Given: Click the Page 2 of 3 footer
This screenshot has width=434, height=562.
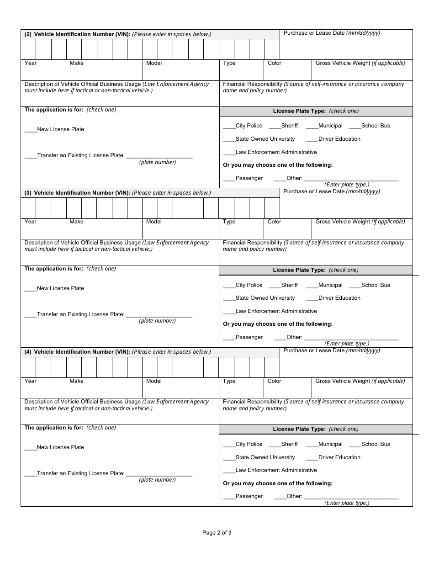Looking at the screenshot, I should click(217, 532).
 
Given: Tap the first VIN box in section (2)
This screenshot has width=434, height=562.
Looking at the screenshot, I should click(28, 49).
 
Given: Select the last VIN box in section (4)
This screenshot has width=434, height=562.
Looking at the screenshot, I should click(272, 367).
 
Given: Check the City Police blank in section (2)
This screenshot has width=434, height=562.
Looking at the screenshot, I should click(229, 126).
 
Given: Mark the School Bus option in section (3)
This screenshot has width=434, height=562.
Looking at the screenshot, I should click(355, 286).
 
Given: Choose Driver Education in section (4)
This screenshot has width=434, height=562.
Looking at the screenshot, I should click(312, 458).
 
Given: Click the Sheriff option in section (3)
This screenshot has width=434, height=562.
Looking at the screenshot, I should click(275, 286).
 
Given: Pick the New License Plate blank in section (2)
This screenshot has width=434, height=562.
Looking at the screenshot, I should click(31, 130).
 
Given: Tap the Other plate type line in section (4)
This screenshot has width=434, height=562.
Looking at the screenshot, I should click(351, 497).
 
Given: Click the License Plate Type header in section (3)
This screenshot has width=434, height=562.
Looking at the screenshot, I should click(316, 270).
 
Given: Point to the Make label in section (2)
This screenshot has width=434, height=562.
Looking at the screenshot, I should click(77, 63).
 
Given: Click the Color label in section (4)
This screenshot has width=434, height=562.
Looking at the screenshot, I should click(274, 381).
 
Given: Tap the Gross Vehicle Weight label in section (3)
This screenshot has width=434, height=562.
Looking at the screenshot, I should click(360, 222).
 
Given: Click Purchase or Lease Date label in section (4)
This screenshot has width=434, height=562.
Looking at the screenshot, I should click(331, 350).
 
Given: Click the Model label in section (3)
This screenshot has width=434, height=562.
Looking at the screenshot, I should click(154, 222).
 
